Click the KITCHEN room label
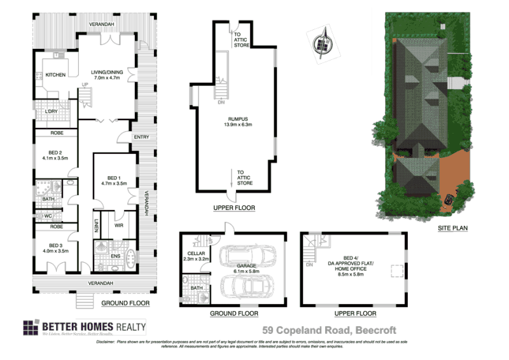55,75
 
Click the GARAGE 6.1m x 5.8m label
244,268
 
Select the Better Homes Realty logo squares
31,327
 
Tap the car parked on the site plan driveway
449,200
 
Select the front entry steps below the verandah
85,297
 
